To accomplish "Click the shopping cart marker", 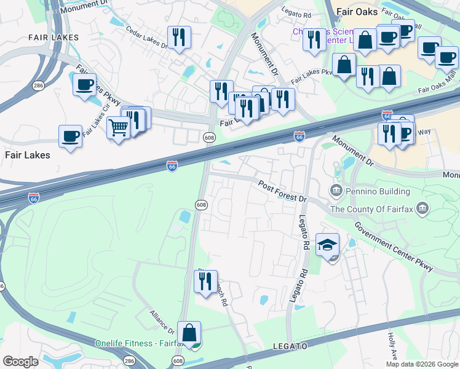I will pos(118,128).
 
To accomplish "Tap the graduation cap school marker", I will pos(327,245).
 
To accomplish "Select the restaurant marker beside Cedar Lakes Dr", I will pos(179,37).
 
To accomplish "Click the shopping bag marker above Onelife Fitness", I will pos(189,333).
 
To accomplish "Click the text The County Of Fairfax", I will pos(371,208).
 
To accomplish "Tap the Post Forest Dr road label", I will pos(282,191).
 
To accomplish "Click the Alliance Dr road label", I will pos(162,323).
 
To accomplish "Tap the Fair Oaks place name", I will pos(356,11).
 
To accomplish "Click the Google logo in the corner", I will pos(20,362).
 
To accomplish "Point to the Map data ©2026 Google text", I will pos(422,364).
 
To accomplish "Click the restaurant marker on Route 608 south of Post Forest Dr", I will pos(205,281).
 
